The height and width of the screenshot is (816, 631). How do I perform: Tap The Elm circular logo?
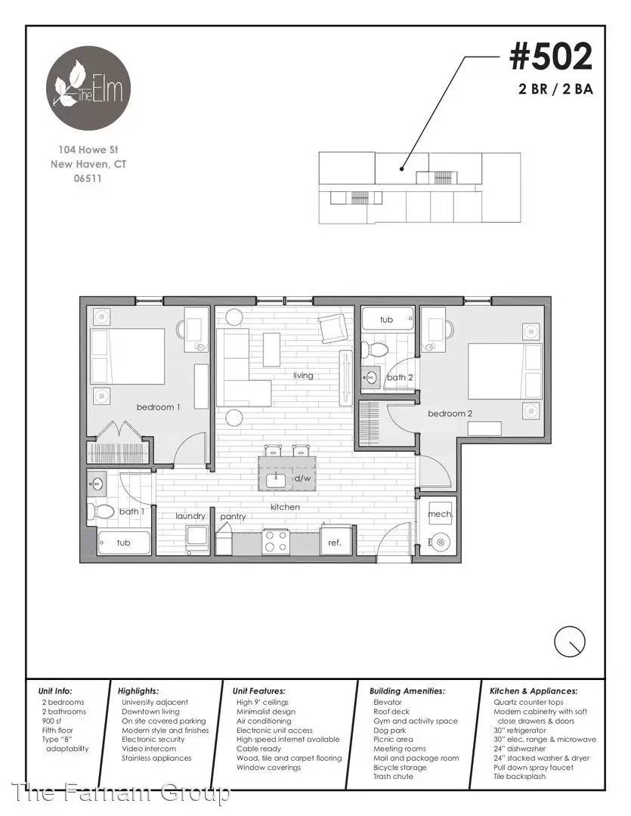point(88,88)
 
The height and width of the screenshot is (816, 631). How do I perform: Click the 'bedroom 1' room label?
point(158,407)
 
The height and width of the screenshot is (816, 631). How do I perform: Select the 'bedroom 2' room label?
point(450,414)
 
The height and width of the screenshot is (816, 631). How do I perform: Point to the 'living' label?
point(303,376)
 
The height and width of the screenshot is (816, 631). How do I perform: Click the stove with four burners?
point(276,541)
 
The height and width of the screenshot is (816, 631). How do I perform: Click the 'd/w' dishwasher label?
point(302,478)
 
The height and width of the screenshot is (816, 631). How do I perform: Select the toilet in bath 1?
point(101,511)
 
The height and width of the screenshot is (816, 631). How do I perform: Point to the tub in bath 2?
point(388,320)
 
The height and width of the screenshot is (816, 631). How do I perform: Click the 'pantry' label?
point(233,517)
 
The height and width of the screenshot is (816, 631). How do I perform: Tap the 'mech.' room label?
point(440,515)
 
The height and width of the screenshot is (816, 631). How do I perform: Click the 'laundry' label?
point(190,516)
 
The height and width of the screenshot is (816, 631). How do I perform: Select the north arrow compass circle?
point(570,641)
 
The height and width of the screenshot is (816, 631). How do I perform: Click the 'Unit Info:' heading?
point(55,691)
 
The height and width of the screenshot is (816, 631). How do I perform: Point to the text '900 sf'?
point(51,721)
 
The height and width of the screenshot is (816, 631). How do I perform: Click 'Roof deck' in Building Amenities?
point(391,712)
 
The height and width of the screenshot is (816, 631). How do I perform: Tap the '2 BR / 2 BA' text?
point(556,89)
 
